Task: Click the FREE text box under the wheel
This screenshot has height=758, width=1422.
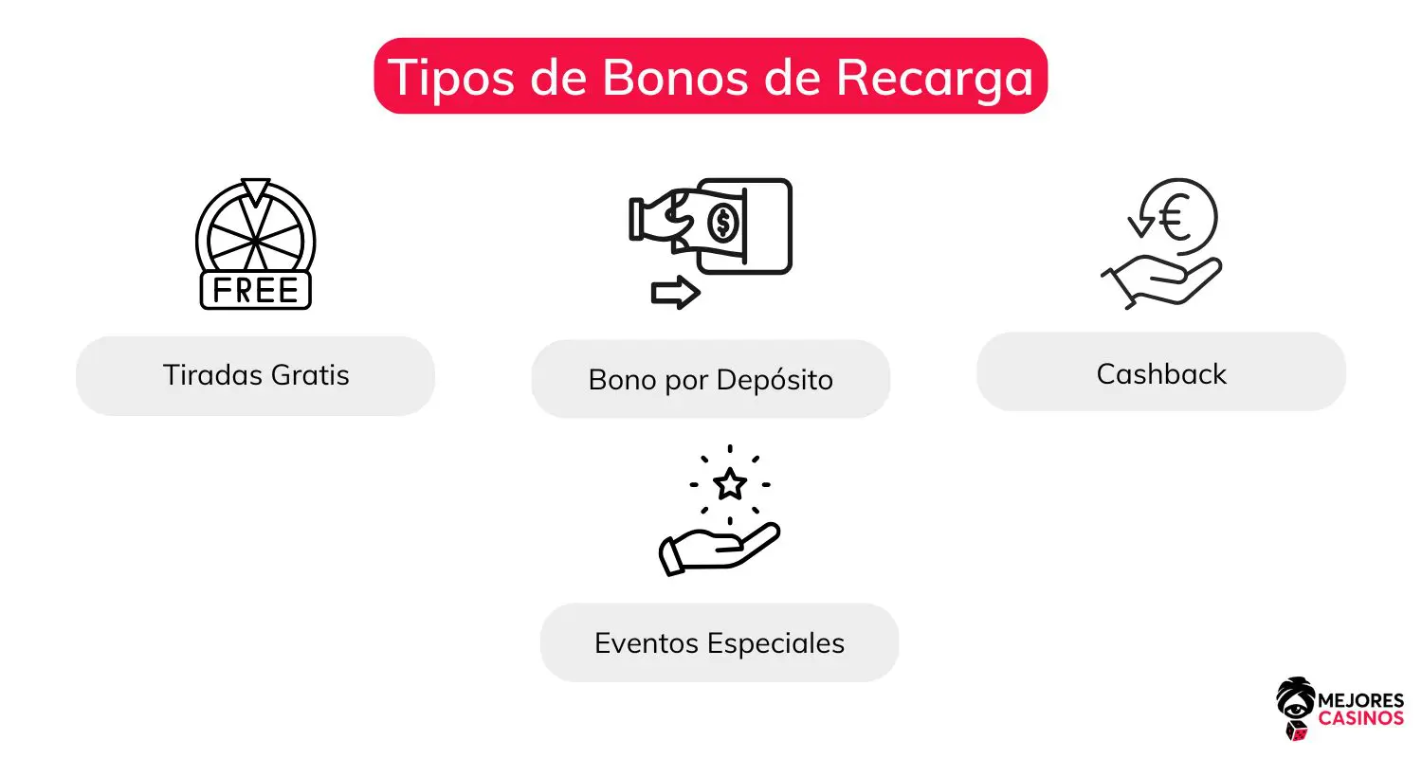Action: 256,290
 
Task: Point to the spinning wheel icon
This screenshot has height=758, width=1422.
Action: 256,232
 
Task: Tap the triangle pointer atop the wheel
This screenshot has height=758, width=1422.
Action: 256,189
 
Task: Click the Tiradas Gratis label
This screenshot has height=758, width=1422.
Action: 256,375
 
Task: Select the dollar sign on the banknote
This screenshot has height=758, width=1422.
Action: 724,224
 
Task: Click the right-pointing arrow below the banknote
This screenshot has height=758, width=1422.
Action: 675,293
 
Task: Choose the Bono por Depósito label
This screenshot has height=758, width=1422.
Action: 710,379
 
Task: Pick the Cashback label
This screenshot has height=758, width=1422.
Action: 1161,373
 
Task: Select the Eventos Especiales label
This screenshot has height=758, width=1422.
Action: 720,643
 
